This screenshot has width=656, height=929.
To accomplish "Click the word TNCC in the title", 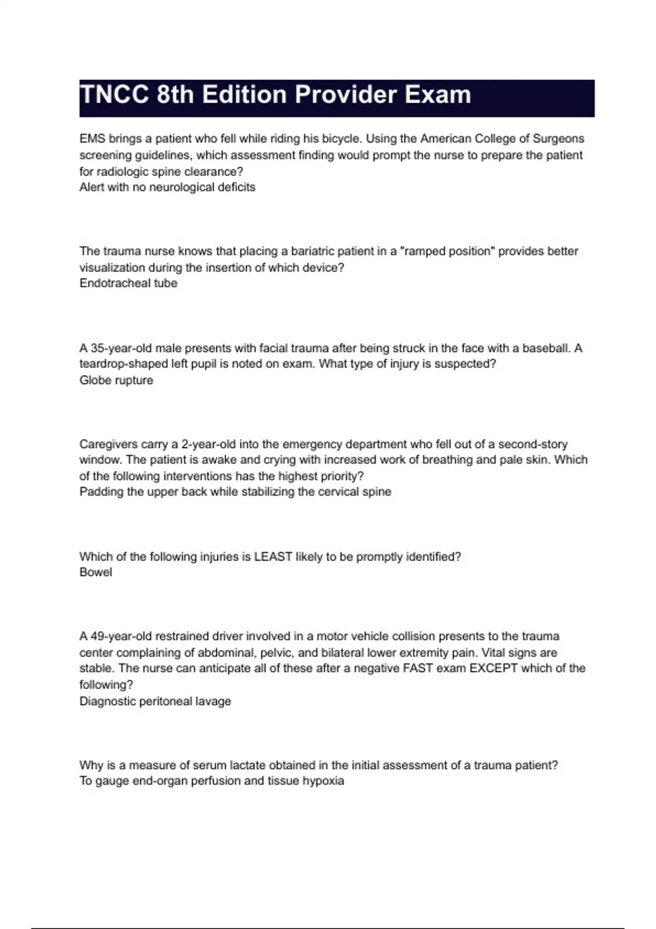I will [x=114, y=95].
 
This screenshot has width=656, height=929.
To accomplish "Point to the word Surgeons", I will [x=558, y=139].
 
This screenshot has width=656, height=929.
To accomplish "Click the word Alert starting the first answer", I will [x=92, y=187].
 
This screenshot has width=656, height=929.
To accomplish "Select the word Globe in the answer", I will [x=95, y=380].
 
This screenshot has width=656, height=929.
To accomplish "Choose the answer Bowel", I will [x=96, y=573].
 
